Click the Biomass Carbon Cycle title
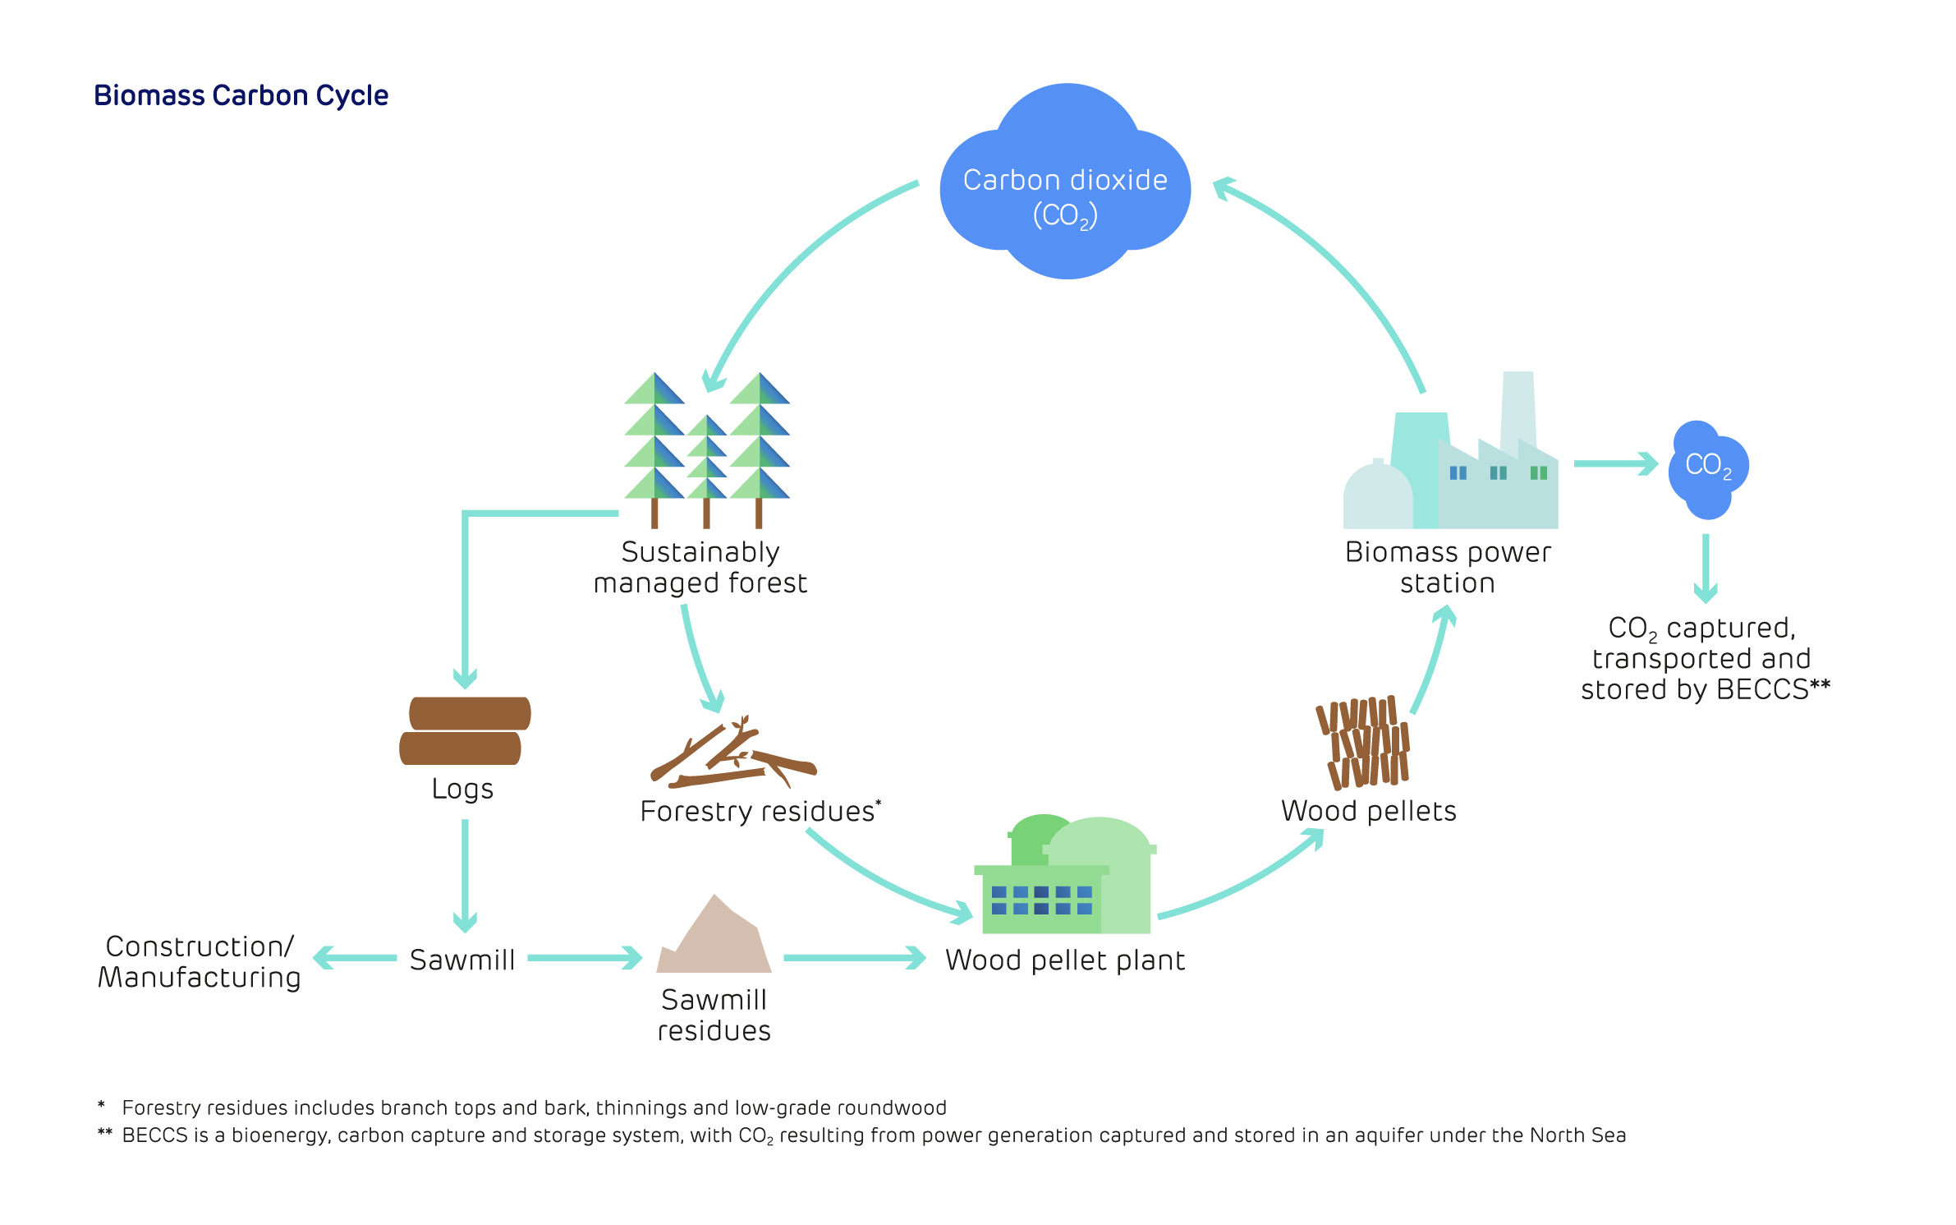pos(241,95)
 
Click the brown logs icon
pos(465,730)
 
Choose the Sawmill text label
pos(462,960)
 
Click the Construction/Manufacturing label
pos(200,961)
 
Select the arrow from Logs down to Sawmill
pos(465,875)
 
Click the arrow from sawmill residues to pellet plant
pos(854,958)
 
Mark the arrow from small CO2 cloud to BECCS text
pos(1706,567)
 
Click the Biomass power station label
pos(1448,567)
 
